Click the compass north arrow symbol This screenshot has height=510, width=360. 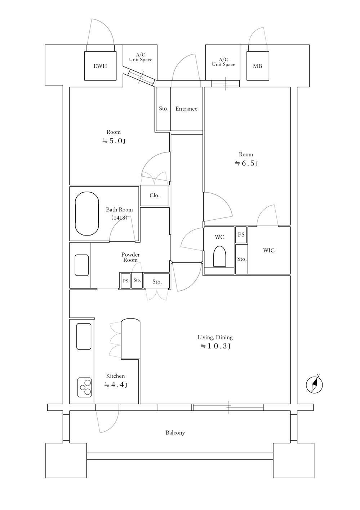[x=315, y=384]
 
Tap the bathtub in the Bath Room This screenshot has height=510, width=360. [x=87, y=214]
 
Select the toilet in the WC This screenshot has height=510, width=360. [x=219, y=256]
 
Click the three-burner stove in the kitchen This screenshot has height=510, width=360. [x=85, y=387]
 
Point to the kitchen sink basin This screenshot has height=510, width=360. [x=84, y=336]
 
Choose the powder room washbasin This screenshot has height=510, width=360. [x=82, y=265]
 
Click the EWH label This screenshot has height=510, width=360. [x=100, y=66]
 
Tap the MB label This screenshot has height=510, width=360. [x=257, y=66]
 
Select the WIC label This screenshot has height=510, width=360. [x=268, y=250]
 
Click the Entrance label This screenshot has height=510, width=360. [x=186, y=109]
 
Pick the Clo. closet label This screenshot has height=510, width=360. [x=155, y=195]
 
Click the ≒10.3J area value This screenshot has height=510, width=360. [x=215, y=346]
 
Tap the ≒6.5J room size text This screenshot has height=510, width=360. [x=246, y=163]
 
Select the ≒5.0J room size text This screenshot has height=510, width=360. [x=114, y=141]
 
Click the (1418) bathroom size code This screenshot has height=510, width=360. [x=119, y=217]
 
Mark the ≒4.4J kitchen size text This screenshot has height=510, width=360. [x=116, y=385]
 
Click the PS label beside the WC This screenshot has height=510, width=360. [x=241, y=234]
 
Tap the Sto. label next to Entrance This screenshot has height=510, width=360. [x=164, y=109]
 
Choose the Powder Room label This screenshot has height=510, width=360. [x=130, y=257]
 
